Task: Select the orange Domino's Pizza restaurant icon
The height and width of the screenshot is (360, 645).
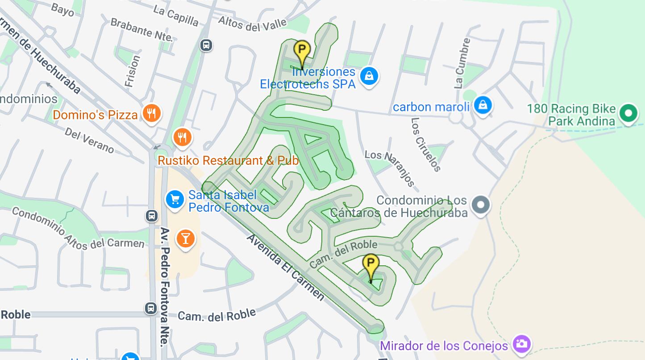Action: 151,114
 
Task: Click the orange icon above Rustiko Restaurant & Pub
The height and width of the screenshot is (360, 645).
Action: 182,138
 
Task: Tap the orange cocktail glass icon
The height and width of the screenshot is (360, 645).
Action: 185,239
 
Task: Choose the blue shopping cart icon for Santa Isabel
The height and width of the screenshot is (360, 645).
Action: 175,200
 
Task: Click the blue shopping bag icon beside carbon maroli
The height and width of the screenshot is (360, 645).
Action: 483,105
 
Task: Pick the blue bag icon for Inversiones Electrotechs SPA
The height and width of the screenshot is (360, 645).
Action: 369,76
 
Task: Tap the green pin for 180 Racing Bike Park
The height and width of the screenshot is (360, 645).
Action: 628,113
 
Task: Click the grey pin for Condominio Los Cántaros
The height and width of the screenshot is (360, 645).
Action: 480,205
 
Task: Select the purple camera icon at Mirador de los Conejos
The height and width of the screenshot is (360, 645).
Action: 521,344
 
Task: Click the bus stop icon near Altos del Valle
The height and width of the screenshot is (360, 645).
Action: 206,45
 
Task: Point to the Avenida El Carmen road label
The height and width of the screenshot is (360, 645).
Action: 285,267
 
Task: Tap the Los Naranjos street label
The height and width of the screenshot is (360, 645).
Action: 390,167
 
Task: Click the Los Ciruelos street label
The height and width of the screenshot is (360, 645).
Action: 426,144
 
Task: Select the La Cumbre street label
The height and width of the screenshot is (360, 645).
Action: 462,63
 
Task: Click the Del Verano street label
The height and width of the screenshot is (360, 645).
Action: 89,140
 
